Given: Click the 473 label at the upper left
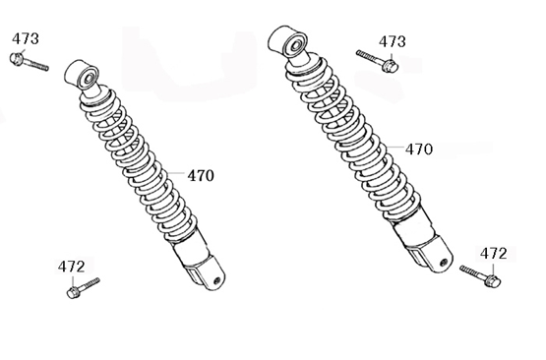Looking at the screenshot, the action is [26, 38].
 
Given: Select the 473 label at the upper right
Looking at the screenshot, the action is [392, 41].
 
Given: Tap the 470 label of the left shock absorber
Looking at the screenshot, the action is [201, 176].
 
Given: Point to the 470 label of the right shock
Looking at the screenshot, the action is [418, 150].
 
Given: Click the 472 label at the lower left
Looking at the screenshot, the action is [71, 267].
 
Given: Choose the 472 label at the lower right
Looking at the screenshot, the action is [494, 253].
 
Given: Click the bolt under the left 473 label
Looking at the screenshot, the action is [28, 62].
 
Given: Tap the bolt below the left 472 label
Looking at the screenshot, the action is [80, 289].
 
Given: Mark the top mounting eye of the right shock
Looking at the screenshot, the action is [286, 43].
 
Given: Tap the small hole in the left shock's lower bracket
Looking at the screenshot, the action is [217, 279].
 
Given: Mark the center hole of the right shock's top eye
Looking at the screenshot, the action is [292, 41].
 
